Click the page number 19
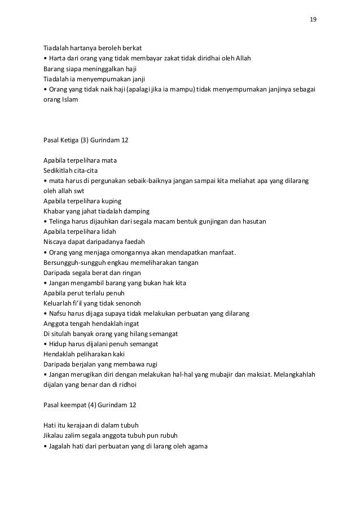coord(313,20)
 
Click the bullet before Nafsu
coord(45,313)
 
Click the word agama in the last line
coord(198,446)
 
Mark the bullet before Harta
coord(45,58)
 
